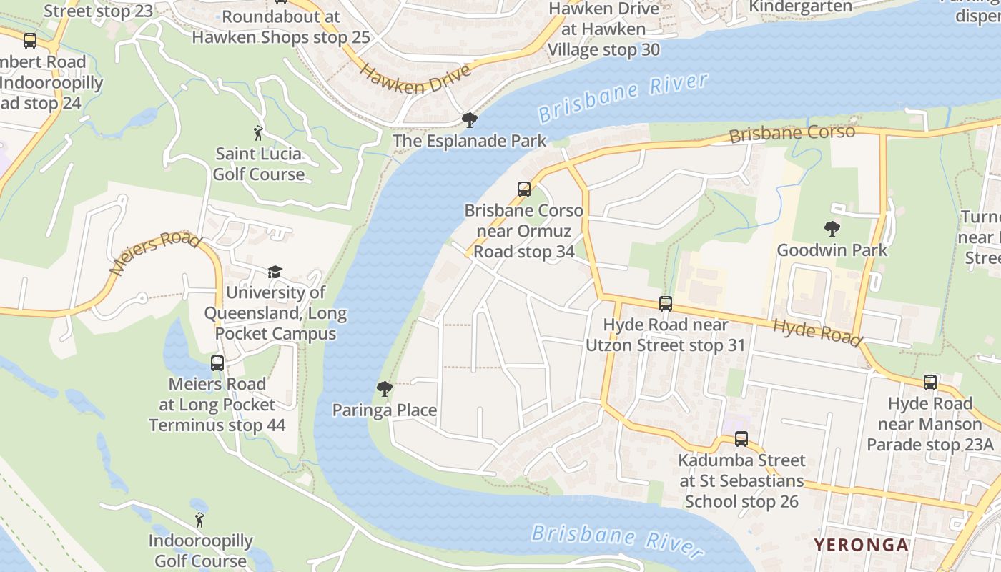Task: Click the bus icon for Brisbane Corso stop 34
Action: point(524,189)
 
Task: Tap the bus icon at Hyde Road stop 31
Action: point(666,303)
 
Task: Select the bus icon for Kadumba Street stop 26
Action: point(741,439)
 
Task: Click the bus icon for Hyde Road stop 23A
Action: point(930,383)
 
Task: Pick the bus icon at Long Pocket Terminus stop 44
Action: point(217,363)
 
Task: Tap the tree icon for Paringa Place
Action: point(385,389)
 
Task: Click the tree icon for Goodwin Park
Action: point(832,229)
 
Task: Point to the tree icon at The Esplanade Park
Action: point(470,119)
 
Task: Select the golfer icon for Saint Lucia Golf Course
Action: point(259,132)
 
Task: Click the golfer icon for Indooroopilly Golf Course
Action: point(200,520)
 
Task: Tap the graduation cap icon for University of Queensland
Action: point(275,272)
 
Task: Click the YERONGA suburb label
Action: point(861,545)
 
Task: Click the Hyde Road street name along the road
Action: point(818,332)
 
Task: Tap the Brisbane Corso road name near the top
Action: point(792,133)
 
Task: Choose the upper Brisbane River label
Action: point(623,97)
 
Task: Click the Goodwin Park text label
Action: point(832,250)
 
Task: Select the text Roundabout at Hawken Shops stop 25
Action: point(281,26)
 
